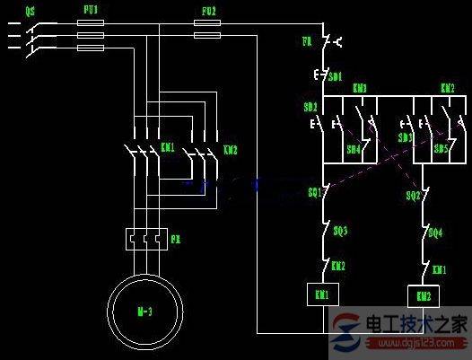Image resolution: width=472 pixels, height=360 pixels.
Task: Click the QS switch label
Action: (31, 12)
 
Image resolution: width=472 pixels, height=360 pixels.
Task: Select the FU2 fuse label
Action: (207, 12)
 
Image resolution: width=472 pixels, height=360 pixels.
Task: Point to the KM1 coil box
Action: (320, 294)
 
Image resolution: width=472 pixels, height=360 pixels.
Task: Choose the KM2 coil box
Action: (422, 295)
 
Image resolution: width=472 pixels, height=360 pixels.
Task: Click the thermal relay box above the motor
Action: (146, 239)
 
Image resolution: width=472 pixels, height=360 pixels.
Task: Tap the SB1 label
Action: (334, 77)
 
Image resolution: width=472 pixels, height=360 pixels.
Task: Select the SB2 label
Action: (310, 107)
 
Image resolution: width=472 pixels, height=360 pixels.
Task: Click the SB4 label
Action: (354, 149)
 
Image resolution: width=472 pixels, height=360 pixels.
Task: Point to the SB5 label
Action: (441, 149)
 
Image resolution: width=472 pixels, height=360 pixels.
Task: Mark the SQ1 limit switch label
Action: (314, 192)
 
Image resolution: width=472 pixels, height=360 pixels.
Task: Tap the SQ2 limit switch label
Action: (413, 195)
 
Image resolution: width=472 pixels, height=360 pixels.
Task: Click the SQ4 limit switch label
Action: (435, 233)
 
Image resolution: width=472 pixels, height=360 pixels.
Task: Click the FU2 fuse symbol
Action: (207, 36)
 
